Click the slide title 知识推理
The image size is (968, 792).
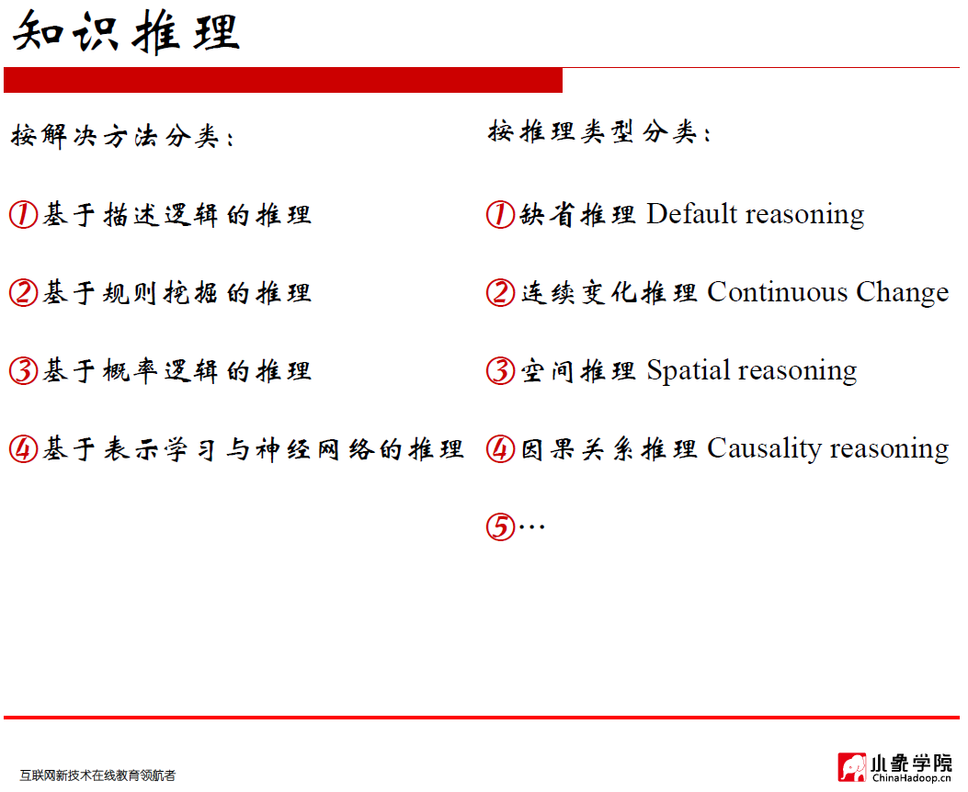pyautogui.click(x=127, y=32)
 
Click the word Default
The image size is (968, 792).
pyautogui.click(x=691, y=214)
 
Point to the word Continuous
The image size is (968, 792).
pyautogui.click(x=777, y=292)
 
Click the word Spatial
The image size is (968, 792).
pyautogui.click(x=688, y=371)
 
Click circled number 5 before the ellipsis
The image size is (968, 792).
pyautogui.click(x=499, y=527)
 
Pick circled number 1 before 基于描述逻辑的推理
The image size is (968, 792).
pyautogui.click(x=23, y=215)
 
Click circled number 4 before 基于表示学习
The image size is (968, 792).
pyautogui.click(x=23, y=449)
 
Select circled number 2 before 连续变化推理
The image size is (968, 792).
pyautogui.click(x=500, y=293)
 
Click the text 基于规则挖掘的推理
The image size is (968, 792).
pyautogui.click(x=177, y=293)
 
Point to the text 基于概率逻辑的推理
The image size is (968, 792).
pyautogui.click(x=177, y=371)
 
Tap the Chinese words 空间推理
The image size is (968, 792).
pyautogui.click(x=577, y=371)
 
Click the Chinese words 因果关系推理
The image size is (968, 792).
pyautogui.click(x=609, y=449)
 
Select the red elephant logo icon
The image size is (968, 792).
pyautogui.click(x=851, y=767)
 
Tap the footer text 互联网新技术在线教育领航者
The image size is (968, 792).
pyautogui.click(x=97, y=775)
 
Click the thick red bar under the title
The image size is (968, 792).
pyautogui.click(x=282, y=80)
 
